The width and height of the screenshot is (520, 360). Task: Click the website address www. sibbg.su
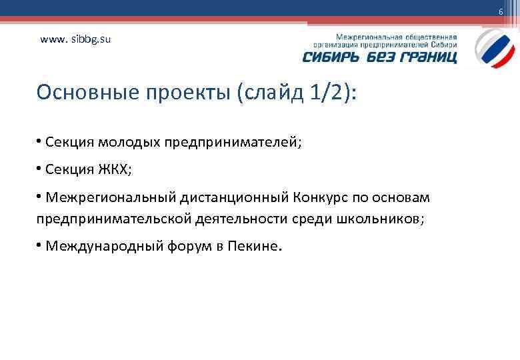(75, 39)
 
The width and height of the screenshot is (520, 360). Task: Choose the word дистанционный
(233, 197)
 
